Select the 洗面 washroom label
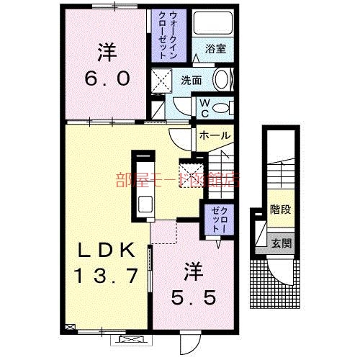point(191,81)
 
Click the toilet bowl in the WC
point(223,108)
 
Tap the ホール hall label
point(214,136)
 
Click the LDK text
point(106,251)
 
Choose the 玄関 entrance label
point(281,243)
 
